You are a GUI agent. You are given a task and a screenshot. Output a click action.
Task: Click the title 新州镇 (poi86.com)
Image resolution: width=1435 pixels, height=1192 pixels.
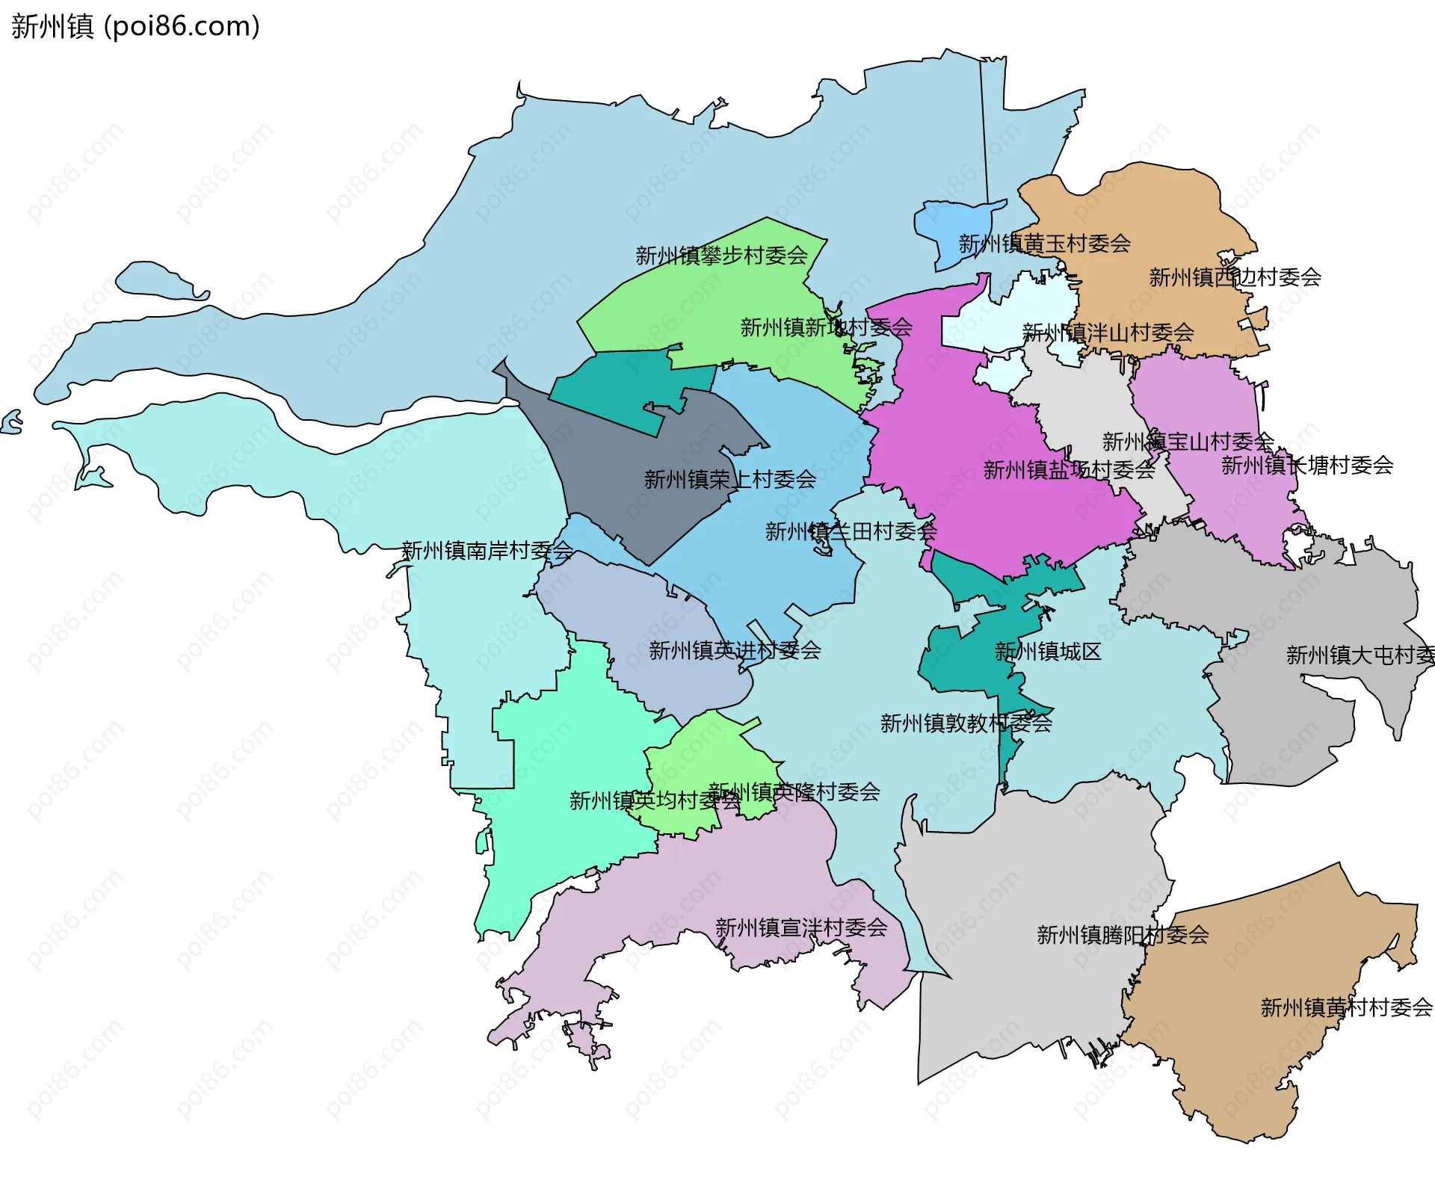click(135, 26)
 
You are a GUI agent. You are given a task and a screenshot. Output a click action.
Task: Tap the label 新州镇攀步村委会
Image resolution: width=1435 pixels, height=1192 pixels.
click(721, 256)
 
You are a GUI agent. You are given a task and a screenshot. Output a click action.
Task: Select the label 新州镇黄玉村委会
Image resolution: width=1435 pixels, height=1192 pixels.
click(1044, 244)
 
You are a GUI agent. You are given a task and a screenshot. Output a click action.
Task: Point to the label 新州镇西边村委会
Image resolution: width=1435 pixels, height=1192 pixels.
click(1235, 277)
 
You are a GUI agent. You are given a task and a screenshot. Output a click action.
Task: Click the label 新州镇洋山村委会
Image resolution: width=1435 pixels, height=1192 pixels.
click(1108, 333)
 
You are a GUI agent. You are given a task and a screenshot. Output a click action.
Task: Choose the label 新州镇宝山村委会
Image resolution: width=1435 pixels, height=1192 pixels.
click(1188, 442)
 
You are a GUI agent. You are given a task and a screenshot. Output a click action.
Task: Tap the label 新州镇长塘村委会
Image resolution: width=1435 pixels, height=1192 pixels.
click(1306, 466)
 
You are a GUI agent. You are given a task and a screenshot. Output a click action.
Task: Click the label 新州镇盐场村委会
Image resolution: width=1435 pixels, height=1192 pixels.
click(1069, 470)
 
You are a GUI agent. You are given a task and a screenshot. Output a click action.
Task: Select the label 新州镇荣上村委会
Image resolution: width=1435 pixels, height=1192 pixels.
click(729, 479)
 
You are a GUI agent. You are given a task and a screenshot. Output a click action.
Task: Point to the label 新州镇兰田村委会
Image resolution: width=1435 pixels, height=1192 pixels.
click(851, 531)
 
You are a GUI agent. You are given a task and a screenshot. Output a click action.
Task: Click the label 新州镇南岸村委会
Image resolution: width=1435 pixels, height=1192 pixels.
click(487, 551)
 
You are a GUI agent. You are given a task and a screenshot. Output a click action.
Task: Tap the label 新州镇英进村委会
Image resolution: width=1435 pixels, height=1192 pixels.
click(735, 650)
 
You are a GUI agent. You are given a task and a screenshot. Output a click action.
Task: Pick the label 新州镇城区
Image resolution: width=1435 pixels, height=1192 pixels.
click(1048, 652)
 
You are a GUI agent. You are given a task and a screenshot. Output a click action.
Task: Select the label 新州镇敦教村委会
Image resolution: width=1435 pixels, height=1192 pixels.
click(966, 723)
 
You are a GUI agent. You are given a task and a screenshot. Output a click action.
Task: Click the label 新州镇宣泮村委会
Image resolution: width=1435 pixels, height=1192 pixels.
click(801, 927)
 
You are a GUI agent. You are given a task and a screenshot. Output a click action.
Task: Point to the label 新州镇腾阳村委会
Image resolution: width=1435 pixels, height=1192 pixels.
click(1123, 935)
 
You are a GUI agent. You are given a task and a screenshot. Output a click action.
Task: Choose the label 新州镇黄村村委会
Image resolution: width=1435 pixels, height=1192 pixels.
click(1346, 1007)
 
